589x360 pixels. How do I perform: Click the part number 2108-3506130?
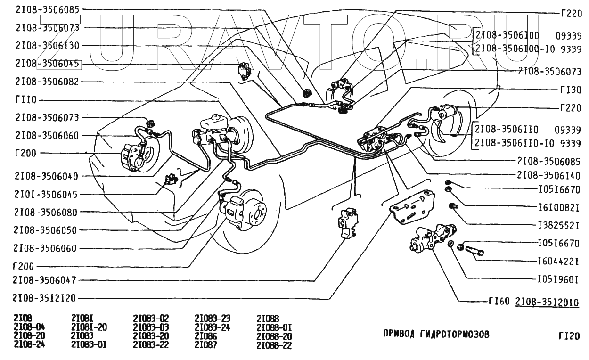pyautogui.click(x=47, y=46)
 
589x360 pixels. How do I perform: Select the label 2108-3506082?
pyautogui.click(x=47, y=82)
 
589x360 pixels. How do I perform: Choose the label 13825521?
pyautogui.click(x=558, y=224)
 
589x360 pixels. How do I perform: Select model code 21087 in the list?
pyautogui.click(x=205, y=345)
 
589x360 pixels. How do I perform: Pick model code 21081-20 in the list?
pyautogui.click(x=89, y=327)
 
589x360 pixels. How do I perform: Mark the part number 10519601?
pyautogui.click(x=558, y=279)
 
